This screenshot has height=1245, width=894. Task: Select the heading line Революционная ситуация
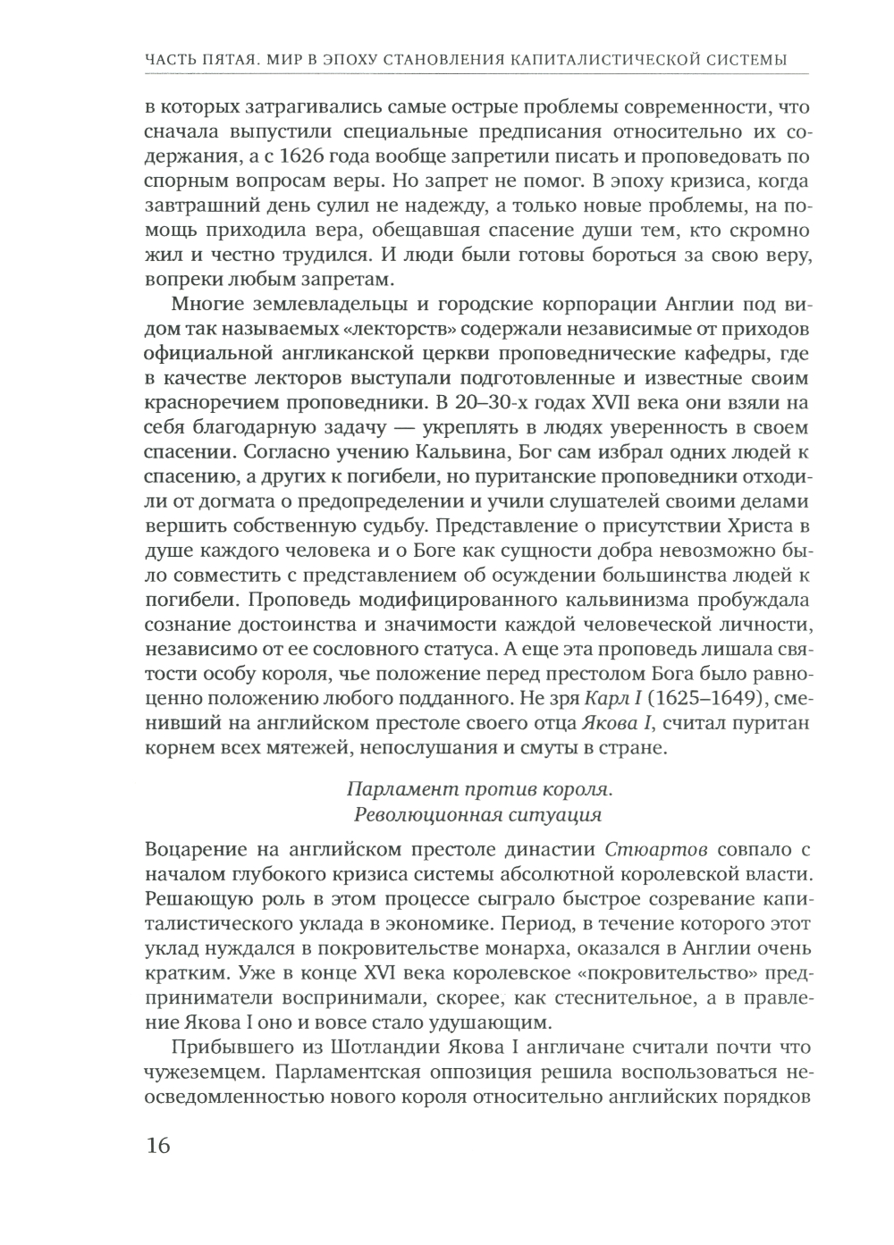(x=478, y=814)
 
